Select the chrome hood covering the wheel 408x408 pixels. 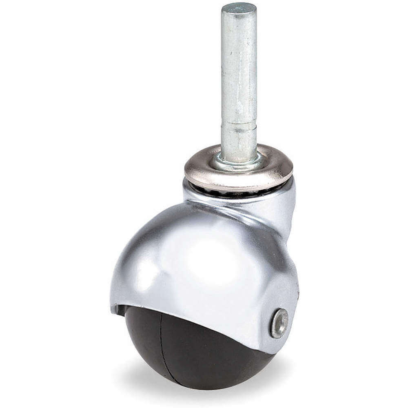[x=196, y=261]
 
